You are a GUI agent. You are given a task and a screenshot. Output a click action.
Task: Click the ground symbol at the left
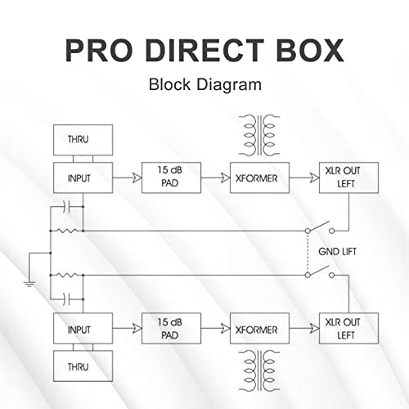pos(29,280)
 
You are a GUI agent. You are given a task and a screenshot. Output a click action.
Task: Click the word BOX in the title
pos(306,52)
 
